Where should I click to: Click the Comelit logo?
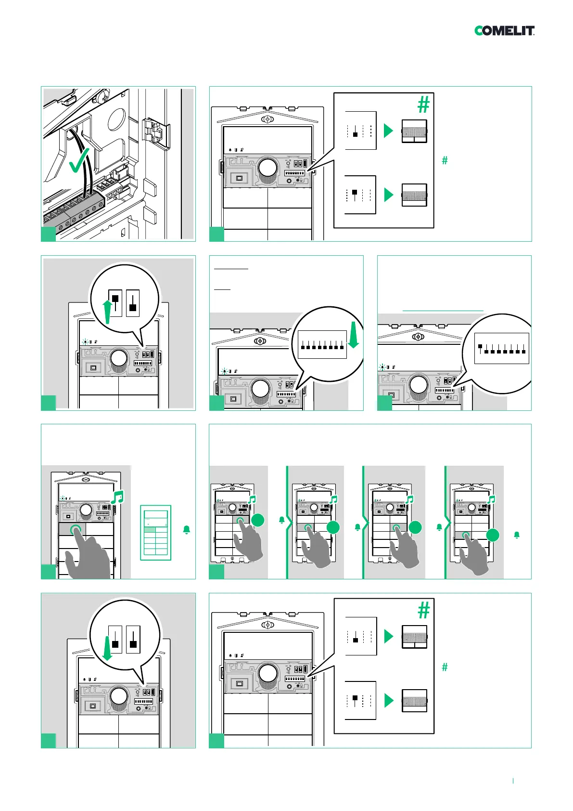click(x=504, y=31)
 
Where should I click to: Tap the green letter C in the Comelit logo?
click(x=479, y=31)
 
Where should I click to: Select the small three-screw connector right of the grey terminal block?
click(x=115, y=194)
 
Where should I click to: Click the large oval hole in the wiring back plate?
click(x=116, y=119)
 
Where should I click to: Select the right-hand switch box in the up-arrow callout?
click(x=133, y=303)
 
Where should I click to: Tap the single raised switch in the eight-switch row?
click(x=480, y=346)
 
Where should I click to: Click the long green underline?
click(x=443, y=311)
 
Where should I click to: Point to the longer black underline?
click(x=231, y=268)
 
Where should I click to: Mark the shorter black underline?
click(x=222, y=289)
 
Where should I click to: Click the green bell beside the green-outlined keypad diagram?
click(x=187, y=530)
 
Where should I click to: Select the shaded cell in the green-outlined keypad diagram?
click(x=150, y=530)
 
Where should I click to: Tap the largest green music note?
click(x=117, y=497)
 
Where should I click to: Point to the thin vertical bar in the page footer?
click(x=513, y=781)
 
